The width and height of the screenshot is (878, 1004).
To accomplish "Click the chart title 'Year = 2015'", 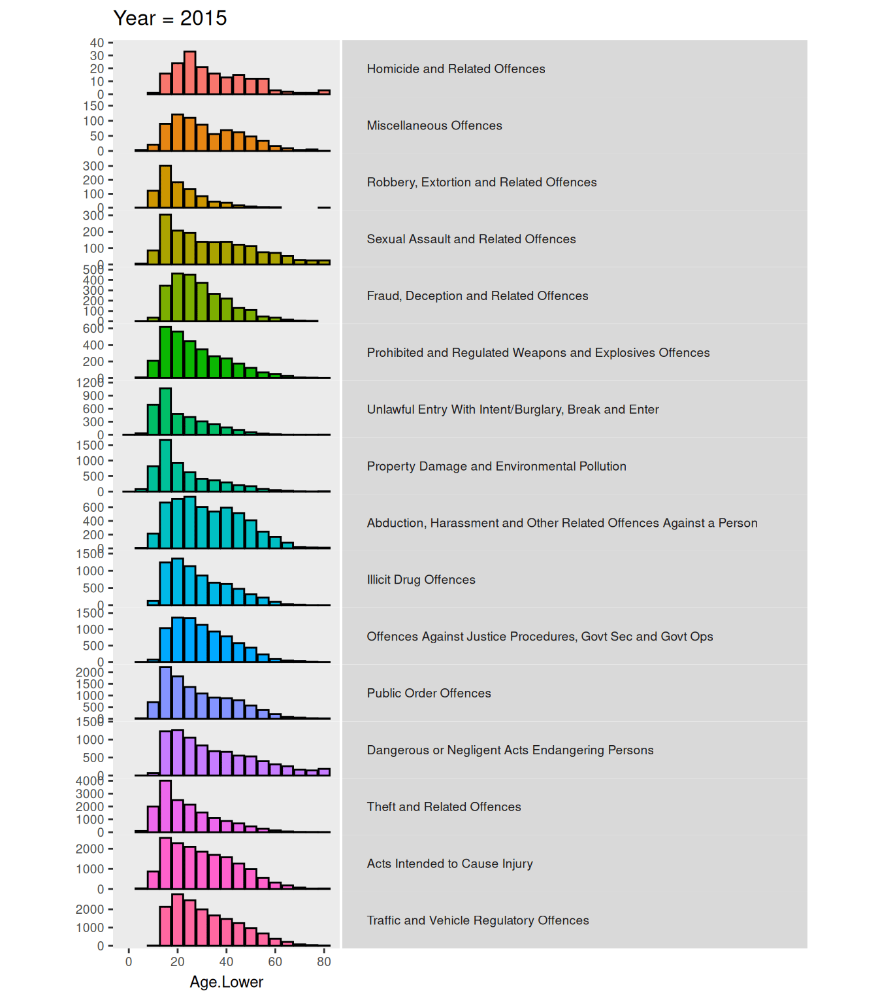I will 170,18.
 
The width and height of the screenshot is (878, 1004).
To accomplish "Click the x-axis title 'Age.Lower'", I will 226,982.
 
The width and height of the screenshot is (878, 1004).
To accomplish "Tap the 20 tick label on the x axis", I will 178,962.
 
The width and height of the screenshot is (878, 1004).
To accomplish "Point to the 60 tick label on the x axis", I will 275,962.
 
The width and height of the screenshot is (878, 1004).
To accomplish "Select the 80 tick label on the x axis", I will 324,962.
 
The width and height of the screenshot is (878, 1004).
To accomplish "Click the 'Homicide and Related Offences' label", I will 455,69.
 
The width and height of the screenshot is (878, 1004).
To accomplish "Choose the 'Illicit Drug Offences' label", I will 421,580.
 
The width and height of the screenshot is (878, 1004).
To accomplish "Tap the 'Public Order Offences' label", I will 429,694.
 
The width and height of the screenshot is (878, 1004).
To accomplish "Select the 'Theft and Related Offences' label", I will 444,807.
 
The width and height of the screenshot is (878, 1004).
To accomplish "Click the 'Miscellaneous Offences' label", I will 434,125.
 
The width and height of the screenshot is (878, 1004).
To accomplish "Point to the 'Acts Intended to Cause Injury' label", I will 449,863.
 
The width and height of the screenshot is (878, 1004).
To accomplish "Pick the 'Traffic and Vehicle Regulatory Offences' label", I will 478,920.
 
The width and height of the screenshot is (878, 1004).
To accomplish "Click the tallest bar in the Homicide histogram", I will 190,73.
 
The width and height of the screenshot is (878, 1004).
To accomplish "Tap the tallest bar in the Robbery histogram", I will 165,186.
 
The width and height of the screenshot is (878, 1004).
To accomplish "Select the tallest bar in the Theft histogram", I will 165,806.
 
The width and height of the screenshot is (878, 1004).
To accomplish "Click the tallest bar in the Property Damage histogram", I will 165,465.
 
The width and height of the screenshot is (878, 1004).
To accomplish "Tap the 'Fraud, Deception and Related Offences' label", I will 477,296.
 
